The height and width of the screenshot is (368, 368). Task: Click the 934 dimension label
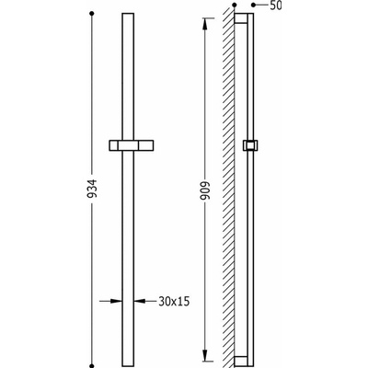(x=92, y=188)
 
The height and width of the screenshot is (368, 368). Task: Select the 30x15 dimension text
(x=174, y=302)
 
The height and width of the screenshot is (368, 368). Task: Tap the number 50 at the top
(x=276, y=6)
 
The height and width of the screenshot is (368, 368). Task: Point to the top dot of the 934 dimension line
(x=91, y=14)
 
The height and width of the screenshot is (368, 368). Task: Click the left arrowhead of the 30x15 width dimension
(x=116, y=301)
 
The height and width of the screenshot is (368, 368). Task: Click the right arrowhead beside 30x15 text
(x=140, y=301)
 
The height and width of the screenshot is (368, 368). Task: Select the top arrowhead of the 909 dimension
(x=205, y=24)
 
